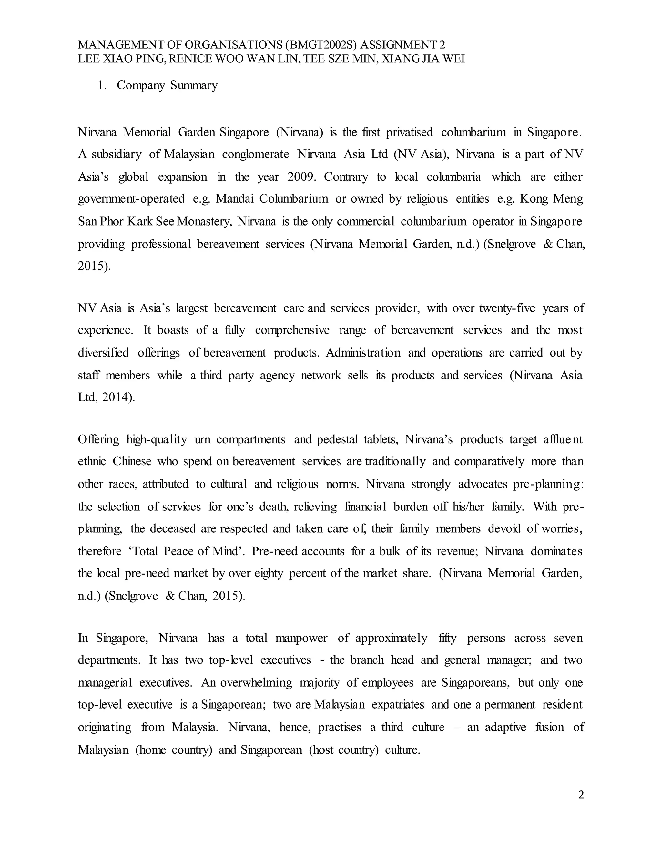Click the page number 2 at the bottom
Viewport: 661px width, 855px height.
pyautogui.click(x=581, y=795)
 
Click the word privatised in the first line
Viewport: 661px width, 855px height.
pyautogui.click(x=409, y=132)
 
